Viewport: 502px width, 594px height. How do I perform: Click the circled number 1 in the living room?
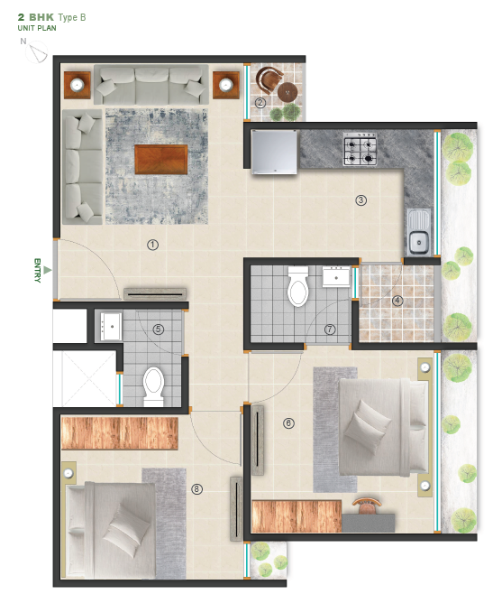pyautogui.click(x=152, y=245)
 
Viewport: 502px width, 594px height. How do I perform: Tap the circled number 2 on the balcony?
pyautogui.click(x=260, y=103)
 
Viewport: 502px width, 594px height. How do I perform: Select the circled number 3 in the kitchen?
pyautogui.click(x=360, y=200)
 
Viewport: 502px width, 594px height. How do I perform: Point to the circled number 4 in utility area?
pyautogui.click(x=397, y=301)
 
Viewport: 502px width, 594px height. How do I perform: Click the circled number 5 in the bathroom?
pyautogui.click(x=158, y=329)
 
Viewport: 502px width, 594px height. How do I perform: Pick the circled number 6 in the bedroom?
pyautogui.click(x=288, y=422)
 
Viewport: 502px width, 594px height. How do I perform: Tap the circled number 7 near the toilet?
pyautogui.click(x=330, y=329)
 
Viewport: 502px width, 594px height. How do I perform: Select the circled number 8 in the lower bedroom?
pyautogui.click(x=196, y=489)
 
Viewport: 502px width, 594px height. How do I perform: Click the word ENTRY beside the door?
pyautogui.click(x=38, y=270)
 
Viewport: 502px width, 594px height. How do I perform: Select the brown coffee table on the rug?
pyautogui.click(x=161, y=159)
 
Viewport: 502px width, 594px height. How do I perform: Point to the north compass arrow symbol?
pyautogui.click(x=37, y=54)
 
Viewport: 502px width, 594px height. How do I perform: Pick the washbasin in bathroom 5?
pyautogui.click(x=111, y=325)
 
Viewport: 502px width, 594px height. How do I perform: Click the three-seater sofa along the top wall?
pyautogui.click(x=151, y=86)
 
